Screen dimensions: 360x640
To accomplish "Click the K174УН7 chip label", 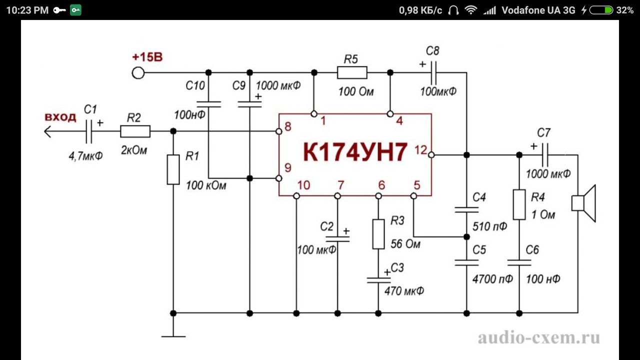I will click(x=355, y=153).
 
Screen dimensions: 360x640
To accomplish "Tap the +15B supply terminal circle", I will click(x=138, y=73).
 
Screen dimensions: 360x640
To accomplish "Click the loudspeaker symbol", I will click(x=584, y=203).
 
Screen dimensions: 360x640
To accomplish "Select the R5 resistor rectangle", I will click(x=352, y=73).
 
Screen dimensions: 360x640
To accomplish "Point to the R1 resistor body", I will click(x=173, y=169).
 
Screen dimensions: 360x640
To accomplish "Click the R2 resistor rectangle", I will click(x=135, y=131).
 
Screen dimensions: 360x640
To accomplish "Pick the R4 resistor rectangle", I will click(x=519, y=204).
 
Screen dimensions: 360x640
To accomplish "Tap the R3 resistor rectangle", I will click(x=378, y=233).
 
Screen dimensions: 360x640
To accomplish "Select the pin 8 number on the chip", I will click(x=288, y=126).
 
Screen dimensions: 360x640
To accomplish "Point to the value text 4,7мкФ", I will click(x=85, y=155).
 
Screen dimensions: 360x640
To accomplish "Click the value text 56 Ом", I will click(x=405, y=244).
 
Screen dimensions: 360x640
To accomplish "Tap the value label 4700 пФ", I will click(x=492, y=279).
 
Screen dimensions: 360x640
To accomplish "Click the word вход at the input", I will click(x=60, y=117).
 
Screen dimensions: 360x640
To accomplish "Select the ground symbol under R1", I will click(x=173, y=336).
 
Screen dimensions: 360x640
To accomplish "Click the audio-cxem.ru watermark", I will click(x=538, y=338).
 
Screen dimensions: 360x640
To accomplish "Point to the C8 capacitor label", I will click(x=432, y=51).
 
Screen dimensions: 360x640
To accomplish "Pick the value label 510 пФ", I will click(x=490, y=226).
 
